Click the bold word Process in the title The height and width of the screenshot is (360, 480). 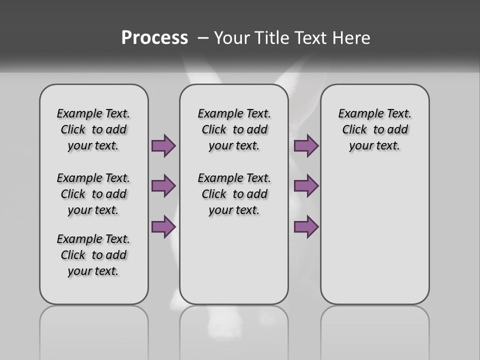154,38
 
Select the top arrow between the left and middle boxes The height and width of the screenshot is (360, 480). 163,145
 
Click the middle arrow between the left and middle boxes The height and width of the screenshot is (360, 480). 163,186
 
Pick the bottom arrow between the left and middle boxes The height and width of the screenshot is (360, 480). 163,226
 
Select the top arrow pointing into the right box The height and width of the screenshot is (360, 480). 306,145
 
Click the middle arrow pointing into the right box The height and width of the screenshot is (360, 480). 306,186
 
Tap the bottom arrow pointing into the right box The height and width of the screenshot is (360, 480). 306,226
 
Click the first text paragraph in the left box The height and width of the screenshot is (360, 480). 93,129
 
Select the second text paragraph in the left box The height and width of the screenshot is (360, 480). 93,194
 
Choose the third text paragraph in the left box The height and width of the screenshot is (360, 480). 93,255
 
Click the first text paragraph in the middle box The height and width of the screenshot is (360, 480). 234,129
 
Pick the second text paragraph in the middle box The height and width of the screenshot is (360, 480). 234,194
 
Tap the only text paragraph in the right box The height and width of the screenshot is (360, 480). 374,129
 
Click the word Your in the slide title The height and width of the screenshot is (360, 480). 232,38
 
